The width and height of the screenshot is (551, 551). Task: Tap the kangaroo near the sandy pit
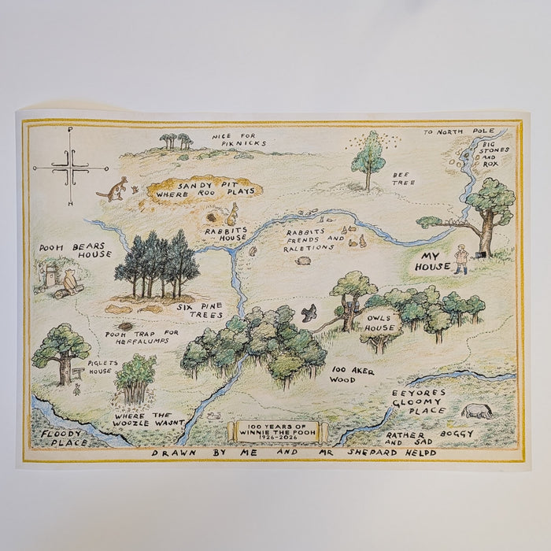(x=114, y=189)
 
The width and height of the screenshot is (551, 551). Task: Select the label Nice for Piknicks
(x=239, y=139)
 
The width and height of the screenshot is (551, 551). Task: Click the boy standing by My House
(x=462, y=258)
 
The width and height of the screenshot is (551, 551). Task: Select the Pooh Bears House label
(x=76, y=250)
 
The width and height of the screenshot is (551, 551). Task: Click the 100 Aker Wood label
(x=353, y=374)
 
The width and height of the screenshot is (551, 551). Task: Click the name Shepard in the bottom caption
(x=367, y=453)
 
